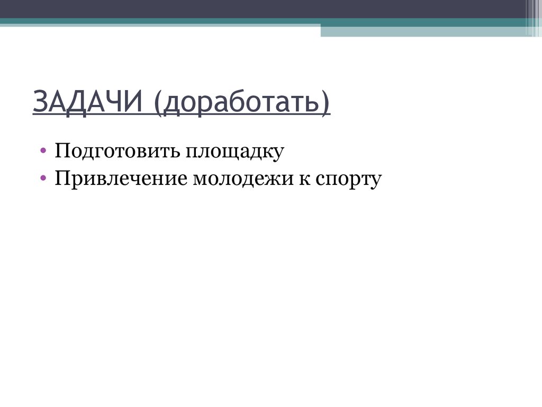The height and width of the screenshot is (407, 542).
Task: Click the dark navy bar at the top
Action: click(x=265, y=8)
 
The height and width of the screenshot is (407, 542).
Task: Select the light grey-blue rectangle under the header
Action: click(x=423, y=31)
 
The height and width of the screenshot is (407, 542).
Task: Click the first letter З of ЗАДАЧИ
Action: click(x=39, y=102)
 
